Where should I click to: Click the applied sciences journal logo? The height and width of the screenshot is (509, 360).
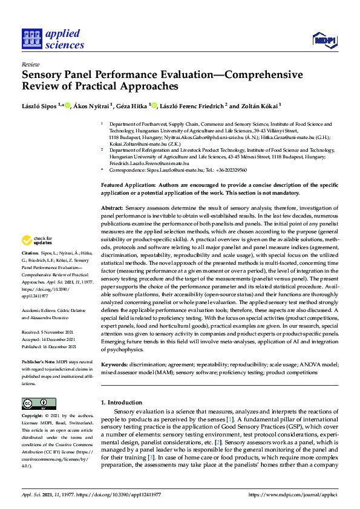(x=53, y=39)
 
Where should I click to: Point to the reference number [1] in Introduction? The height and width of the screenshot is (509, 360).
(x=229, y=420)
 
